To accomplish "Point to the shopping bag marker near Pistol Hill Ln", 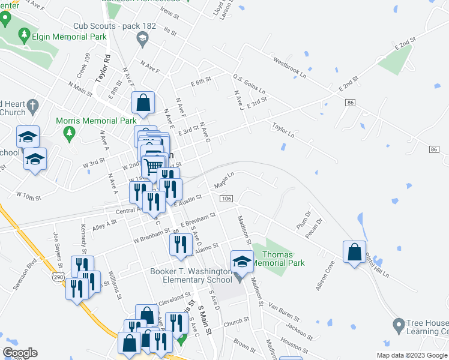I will [x=355, y=251].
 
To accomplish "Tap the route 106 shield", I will [x=226, y=199].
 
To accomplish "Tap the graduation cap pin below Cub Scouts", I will [x=142, y=40].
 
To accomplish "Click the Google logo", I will [x=20, y=353].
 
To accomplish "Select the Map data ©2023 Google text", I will [x=412, y=355].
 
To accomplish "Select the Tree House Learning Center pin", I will [x=397, y=326].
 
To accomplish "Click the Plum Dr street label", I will [x=304, y=221].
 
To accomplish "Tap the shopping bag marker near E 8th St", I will [x=143, y=103].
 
